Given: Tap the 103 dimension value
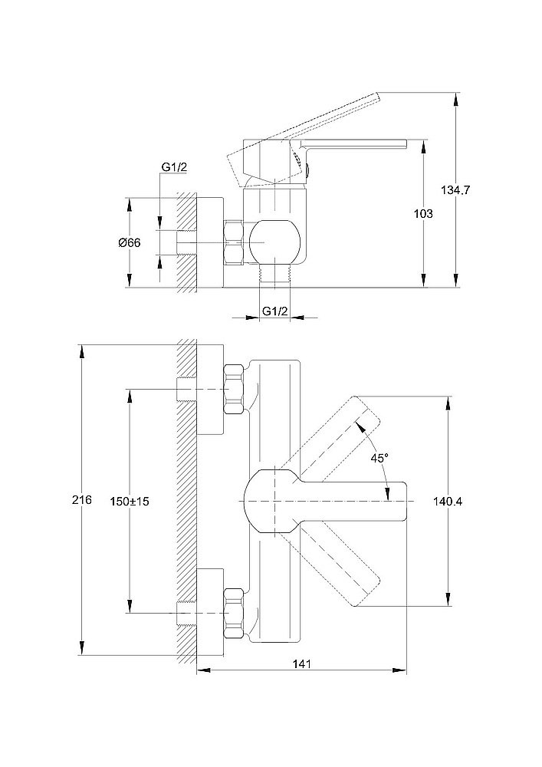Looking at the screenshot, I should (x=422, y=214).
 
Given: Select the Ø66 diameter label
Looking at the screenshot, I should (x=130, y=242).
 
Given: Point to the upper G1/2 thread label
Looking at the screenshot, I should (x=173, y=168).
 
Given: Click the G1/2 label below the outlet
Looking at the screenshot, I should (x=274, y=311).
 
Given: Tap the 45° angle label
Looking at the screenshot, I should (x=379, y=457).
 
